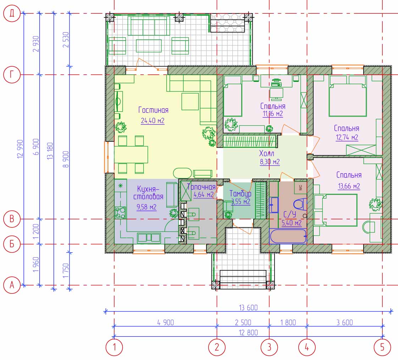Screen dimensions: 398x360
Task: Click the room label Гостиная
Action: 153,110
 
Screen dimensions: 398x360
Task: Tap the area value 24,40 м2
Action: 153,121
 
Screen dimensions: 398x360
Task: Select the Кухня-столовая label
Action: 148,193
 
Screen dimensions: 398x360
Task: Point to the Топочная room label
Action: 201,187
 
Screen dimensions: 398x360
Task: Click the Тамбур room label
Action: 241,194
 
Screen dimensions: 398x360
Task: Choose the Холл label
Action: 266,153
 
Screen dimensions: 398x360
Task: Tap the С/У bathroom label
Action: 289,214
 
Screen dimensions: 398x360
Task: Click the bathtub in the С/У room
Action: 288,236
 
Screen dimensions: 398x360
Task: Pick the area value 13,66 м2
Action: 349,186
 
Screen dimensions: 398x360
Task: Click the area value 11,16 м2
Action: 273,114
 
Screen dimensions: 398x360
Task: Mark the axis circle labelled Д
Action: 12,13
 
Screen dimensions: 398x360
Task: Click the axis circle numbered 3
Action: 269,347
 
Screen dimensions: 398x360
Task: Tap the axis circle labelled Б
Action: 12,244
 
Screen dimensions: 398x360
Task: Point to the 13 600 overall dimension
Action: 248,308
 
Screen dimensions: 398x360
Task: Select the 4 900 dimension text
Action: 166,322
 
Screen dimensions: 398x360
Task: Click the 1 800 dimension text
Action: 288,322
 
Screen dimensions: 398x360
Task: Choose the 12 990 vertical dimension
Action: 20,149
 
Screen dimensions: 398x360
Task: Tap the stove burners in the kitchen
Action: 120,213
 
